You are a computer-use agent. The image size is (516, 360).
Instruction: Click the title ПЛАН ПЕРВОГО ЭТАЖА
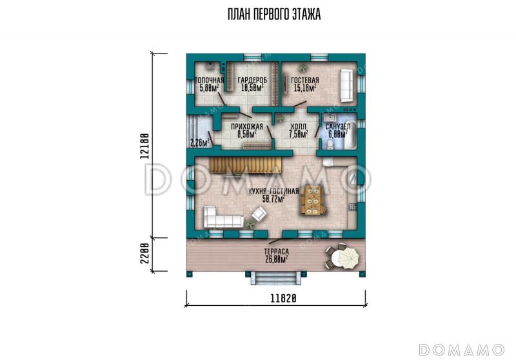click(x=273, y=14)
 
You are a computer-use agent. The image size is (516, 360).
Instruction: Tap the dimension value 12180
click(x=144, y=146)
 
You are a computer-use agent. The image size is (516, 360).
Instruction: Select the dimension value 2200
click(x=144, y=254)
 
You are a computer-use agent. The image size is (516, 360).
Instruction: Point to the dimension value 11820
click(x=284, y=298)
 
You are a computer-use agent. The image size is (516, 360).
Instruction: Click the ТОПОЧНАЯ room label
click(x=209, y=80)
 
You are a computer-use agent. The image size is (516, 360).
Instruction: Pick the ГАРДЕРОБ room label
click(x=252, y=80)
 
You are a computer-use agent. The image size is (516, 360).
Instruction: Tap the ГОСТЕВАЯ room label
click(x=305, y=80)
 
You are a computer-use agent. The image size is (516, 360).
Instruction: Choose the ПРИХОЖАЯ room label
click(x=247, y=126)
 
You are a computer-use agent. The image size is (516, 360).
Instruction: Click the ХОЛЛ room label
click(x=298, y=126)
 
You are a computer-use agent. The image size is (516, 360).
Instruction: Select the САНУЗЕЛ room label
click(x=337, y=126)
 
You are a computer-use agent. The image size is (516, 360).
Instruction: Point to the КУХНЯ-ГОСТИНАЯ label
click(x=273, y=192)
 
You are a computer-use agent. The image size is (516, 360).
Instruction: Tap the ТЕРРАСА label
click(x=277, y=252)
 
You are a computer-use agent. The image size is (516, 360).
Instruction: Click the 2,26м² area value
click(x=200, y=143)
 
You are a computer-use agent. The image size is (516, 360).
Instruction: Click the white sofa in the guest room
click(x=347, y=85)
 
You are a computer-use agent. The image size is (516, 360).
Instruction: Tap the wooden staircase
click(x=245, y=165)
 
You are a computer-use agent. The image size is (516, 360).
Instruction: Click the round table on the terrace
click(x=342, y=256)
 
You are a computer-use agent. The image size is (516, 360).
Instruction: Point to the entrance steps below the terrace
click(x=276, y=278)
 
